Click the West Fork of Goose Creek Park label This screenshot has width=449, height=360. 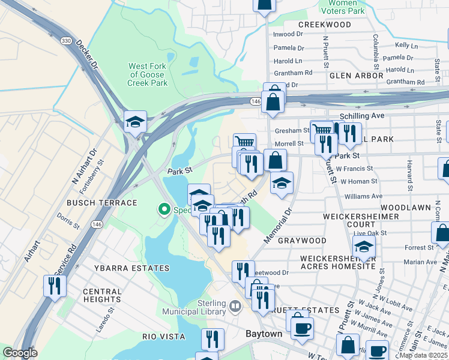(148, 74)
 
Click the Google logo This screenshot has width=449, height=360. (20, 353)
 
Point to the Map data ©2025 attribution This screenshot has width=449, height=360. (423, 355)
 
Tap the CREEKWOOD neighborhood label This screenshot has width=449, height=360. (324, 25)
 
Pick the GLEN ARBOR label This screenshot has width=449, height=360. (356, 76)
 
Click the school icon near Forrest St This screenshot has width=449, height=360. (364, 246)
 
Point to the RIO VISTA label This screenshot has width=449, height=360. (163, 337)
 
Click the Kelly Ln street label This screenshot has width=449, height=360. (406, 45)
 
